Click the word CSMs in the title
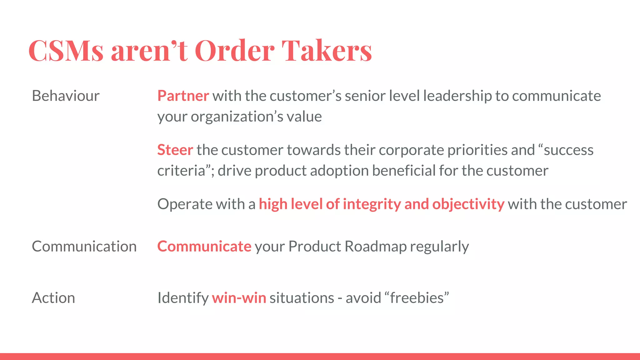coord(66,51)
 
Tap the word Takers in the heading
coord(327,51)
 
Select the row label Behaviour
coord(66,96)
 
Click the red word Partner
coord(183,96)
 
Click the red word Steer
coord(175,150)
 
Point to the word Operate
coord(185,204)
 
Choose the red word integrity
coord(372,204)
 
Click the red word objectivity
coord(468,204)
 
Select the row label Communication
coord(84,247)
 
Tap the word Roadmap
coord(375,247)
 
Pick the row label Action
coord(53,298)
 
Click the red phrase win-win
coord(239,298)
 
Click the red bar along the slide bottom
coord(320,356)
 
